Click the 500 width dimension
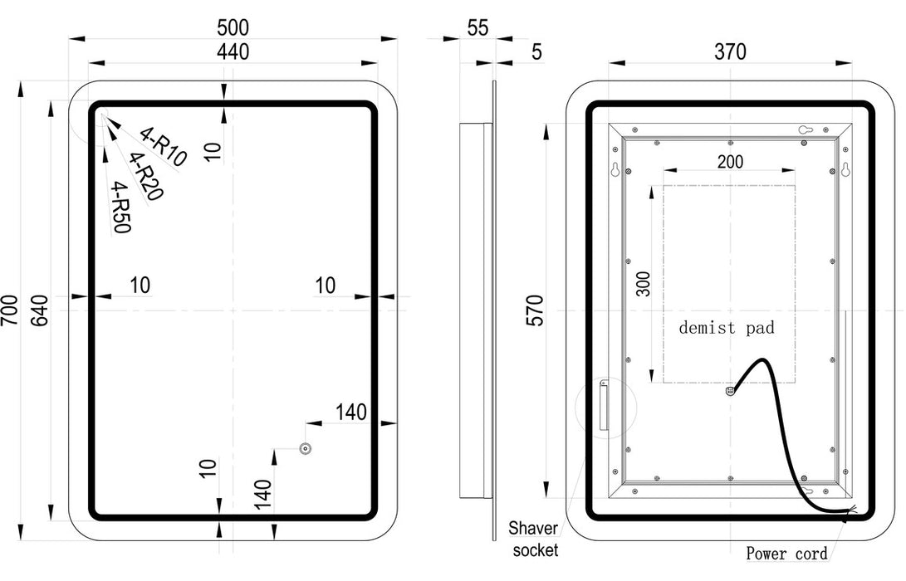tap(233, 27)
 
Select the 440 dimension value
tap(233, 51)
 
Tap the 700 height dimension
tap(9, 310)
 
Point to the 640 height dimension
tap(39, 310)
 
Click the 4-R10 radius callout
tap(164, 147)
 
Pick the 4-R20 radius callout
tap(145, 176)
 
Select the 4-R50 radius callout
tap(121, 207)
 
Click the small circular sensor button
tap(306, 448)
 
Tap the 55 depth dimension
tap(477, 27)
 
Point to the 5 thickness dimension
tap(536, 52)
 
